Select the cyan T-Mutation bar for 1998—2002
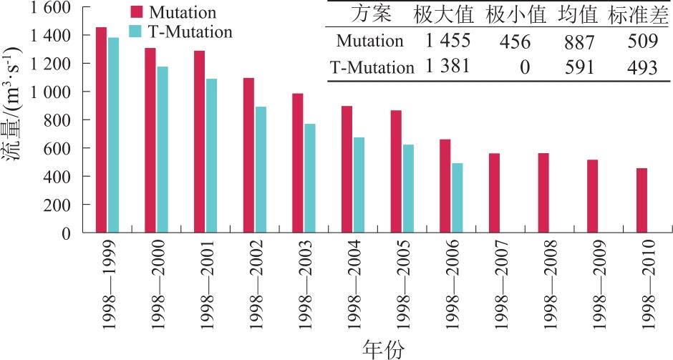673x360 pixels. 261,170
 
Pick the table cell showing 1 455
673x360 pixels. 447,42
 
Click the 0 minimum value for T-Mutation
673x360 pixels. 526,68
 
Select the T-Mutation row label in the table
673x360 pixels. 372,68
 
